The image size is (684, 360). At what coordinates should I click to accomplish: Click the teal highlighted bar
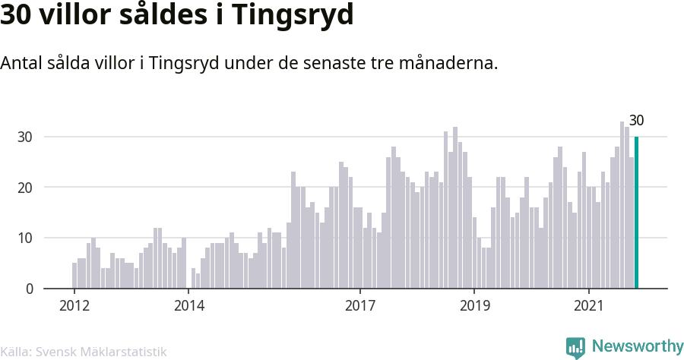coord(636,213)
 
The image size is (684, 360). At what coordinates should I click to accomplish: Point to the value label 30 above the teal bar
coord(637,121)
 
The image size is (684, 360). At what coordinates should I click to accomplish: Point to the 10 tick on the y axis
coord(24,238)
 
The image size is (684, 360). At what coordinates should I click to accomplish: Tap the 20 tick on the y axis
coord(24,188)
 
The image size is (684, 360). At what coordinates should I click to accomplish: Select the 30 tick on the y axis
coord(24,137)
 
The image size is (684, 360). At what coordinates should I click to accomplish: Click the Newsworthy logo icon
coord(575,347)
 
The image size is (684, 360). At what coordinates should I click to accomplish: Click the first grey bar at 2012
coord(74,276)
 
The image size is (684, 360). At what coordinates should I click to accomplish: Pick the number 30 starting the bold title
coord(18,16)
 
